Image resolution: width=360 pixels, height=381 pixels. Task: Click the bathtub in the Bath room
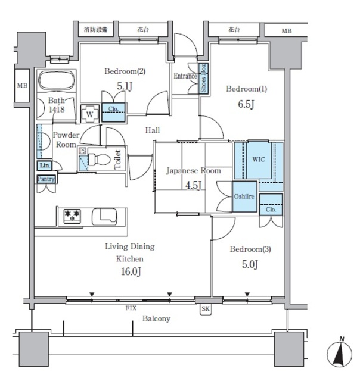[57, 80]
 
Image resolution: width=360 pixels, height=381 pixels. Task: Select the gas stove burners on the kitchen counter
[72, 216]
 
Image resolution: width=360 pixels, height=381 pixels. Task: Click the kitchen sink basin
[104, 216]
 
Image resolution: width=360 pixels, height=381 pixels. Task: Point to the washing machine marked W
[90, 114]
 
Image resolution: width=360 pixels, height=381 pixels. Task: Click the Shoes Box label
[203, 78]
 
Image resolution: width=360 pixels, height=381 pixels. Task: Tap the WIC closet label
[259, 160]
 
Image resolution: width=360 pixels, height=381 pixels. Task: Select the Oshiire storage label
[244, 196]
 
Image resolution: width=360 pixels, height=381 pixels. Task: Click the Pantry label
[46, 179]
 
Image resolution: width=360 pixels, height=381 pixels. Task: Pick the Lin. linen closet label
[45, 165]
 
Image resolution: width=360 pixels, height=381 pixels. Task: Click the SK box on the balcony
[206, 309]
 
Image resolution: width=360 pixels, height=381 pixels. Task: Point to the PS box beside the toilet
[82, 151]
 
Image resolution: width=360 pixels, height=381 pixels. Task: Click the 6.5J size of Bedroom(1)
[246, 105]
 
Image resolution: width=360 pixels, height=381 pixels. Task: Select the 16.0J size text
[131, 271]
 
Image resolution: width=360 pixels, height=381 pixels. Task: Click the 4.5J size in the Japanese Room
[193, 185]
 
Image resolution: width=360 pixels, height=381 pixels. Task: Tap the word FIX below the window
[131, 308]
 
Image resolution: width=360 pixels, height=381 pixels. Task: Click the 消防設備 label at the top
[95, 30]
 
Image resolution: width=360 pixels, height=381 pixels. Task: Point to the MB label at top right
[287, 31]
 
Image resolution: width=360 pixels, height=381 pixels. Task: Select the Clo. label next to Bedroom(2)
[113, 109]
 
